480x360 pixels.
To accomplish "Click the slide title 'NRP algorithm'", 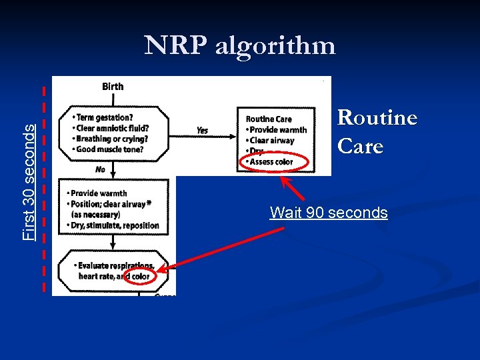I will click(x=240, y=45).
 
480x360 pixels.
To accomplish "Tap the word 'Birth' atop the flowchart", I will click(x=113, y=86).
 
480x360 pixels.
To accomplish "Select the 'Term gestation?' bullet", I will click(x=106, y=118).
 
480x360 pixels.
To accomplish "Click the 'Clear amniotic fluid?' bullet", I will click(x=111, y=129).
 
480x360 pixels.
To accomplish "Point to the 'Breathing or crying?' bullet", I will click(x=111, y=139).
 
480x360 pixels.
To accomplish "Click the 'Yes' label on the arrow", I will click(x=202, y=131).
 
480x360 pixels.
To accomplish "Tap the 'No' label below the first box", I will click(x=100, y=170).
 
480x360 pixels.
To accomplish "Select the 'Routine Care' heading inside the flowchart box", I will click(x=269, y=119).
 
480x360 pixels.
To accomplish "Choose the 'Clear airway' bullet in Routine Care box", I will click(x=271, y=141).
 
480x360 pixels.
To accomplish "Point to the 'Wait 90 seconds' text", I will click(x=329, y=213).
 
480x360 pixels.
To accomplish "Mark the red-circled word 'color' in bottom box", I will click(x=141, y=277).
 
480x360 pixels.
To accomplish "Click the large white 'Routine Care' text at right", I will click(x=377, y=131).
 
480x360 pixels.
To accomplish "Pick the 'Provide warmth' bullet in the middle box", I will click(x=99, y=193).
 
